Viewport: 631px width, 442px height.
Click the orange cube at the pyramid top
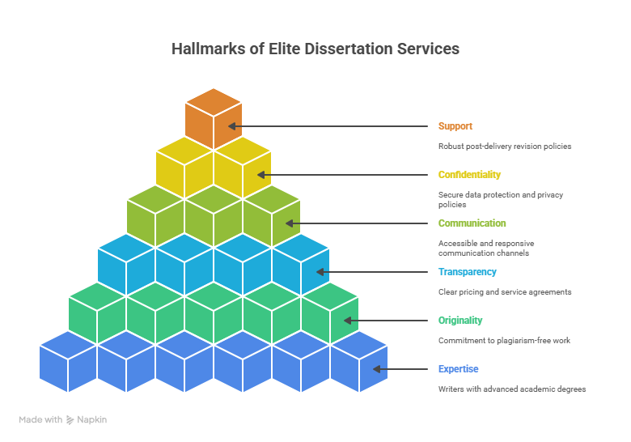214,119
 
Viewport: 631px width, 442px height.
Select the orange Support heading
455,126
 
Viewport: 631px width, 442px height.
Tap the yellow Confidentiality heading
469,175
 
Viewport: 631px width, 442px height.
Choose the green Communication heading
472,223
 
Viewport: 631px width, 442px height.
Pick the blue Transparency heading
468,272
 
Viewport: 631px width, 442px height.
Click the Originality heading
460,321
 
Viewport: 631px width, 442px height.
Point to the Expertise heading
459,368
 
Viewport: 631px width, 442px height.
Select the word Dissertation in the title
349,49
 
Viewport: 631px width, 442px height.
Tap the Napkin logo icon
70,420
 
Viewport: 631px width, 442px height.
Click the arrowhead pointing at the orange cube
232,126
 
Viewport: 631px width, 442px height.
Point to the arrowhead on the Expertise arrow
377,369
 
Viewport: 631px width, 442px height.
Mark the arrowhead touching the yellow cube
261,175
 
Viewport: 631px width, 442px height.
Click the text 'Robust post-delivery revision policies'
505,147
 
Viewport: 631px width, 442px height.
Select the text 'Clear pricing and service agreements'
505,292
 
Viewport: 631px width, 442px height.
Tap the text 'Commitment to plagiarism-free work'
504,341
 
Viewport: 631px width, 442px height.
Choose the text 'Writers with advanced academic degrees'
512,389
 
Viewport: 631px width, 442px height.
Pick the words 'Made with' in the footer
40,420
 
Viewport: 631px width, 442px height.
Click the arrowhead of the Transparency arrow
320,272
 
